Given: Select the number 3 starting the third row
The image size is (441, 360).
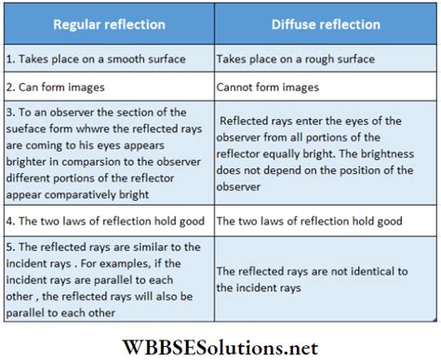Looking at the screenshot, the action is (8, 113).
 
